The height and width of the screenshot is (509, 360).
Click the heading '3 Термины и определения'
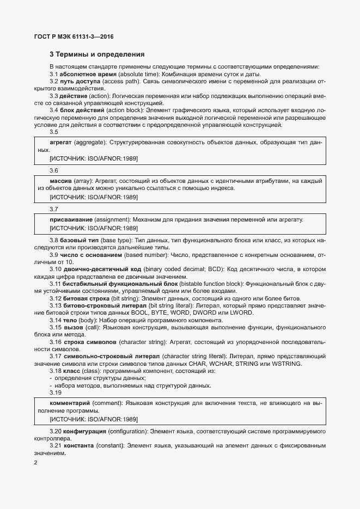[97, 54]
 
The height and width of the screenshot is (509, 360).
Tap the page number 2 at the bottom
[35, 463]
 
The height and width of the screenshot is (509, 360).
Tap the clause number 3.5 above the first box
[54, 132]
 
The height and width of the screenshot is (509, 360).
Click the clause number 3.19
[56, 393]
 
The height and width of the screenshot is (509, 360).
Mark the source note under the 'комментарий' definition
[93, 419]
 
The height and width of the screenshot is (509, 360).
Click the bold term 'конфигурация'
[84, 431]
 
